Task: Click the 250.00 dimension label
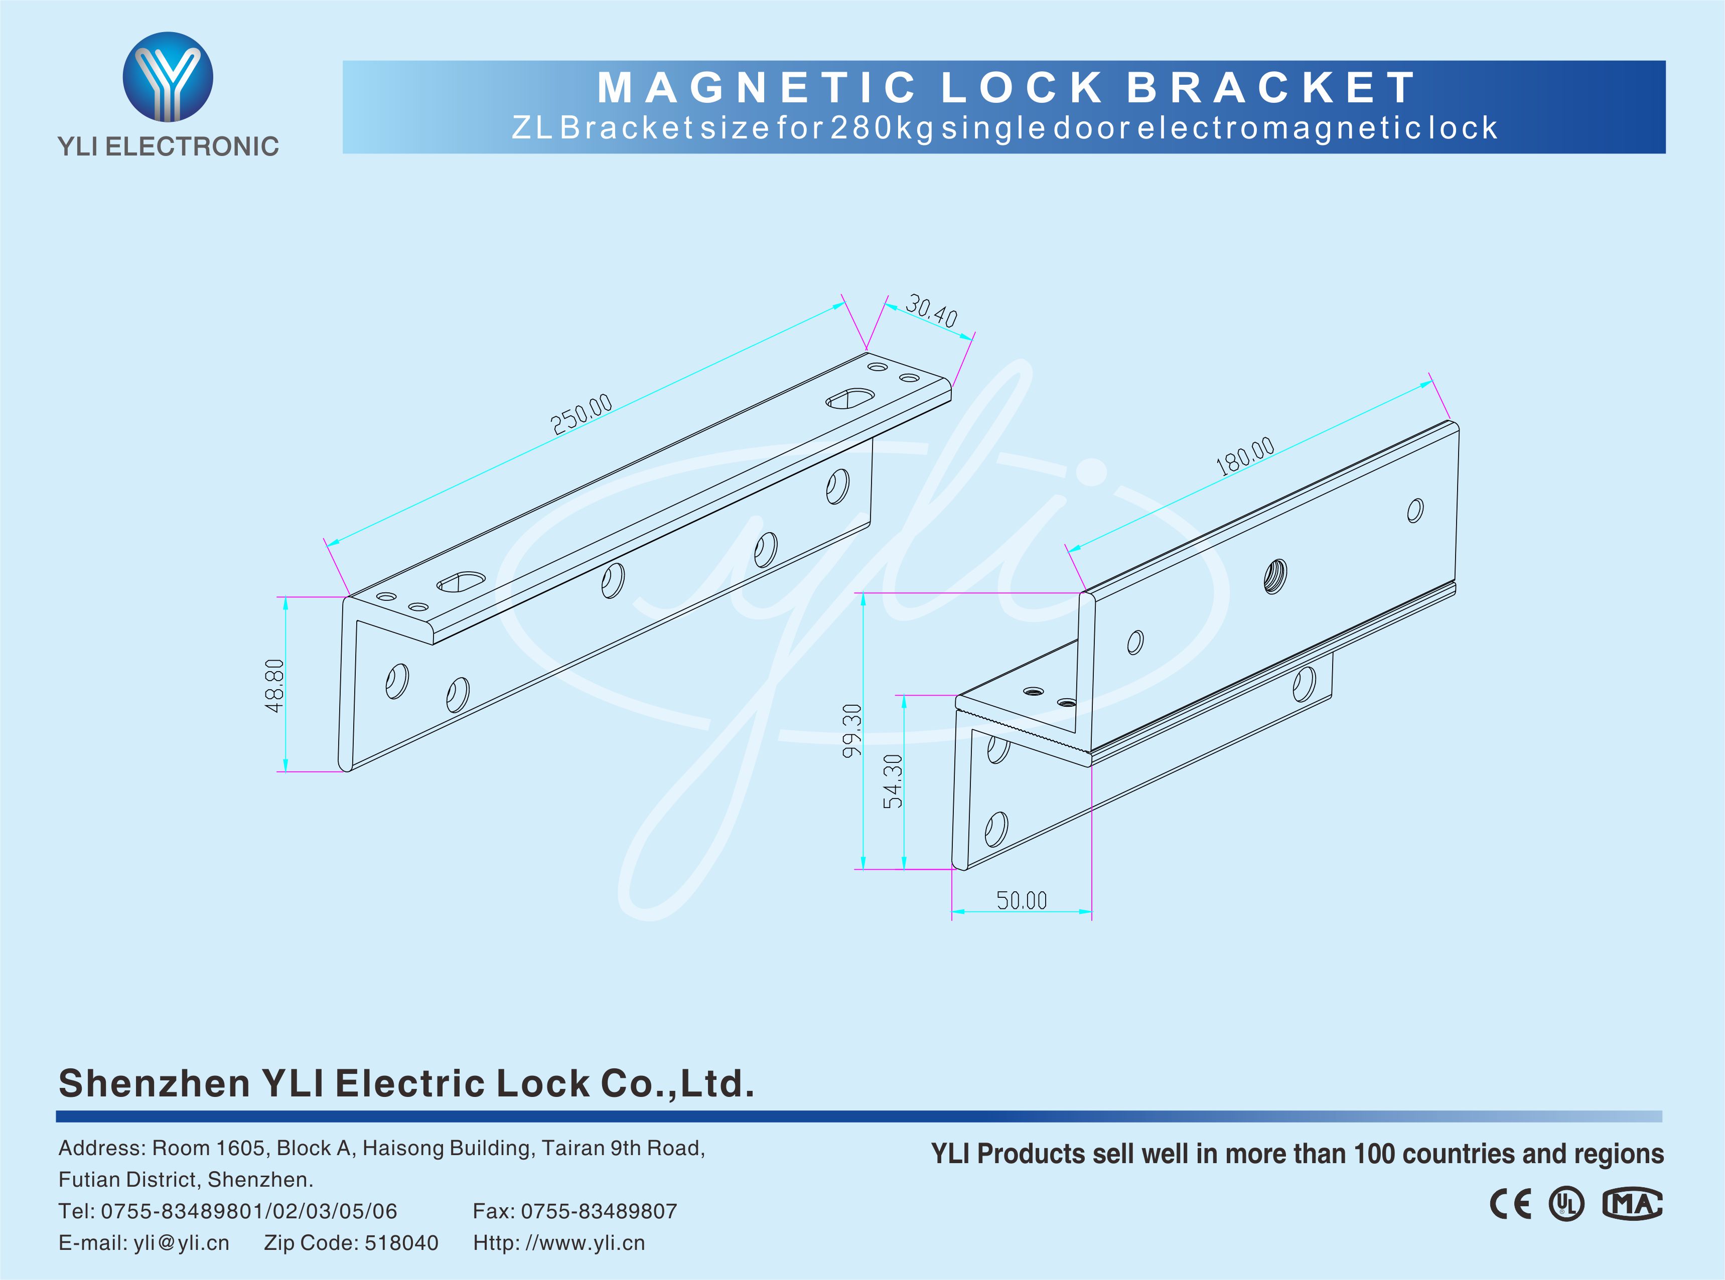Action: point(581,414)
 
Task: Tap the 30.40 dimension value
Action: point(931,310)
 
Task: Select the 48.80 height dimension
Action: point(274,686)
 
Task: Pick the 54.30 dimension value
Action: point(893,781)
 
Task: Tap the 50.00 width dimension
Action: point(1022,900)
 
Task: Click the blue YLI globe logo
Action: point(168,77)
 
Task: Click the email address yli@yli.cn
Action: point(181,1243)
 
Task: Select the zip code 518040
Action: point(401,1243)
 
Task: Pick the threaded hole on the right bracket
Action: point(1275,576)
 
